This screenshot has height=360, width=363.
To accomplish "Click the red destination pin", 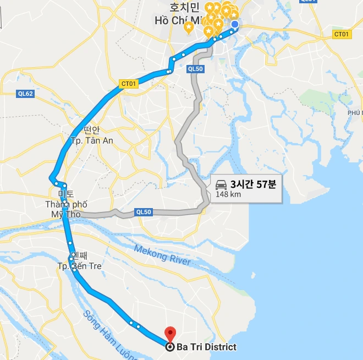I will pyautogui.click(x=170, y=334).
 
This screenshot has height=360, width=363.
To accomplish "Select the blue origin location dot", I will pyautogui.click(x=235, y=24).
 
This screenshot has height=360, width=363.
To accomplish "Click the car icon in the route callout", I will pyautogui.click(x=222, y=184).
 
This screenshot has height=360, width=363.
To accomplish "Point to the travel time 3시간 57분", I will pyautogui.click(x=252, y=184).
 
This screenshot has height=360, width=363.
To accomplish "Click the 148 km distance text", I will pyautogui.click(x=228, y=194).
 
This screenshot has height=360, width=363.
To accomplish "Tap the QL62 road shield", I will pyautogui.click(x=26, y=94).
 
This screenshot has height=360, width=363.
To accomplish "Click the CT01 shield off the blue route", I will pyautogui.click(x=342, y=34).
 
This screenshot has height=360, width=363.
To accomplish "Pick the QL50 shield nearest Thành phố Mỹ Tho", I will pyautogui.click(x=143, y=212).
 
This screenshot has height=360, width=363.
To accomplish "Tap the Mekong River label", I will pyautogui.click(x=163, y=255).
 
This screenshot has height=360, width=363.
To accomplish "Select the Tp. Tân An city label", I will pyautogui.click(x=92, y=140).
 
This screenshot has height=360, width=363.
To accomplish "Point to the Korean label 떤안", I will pyautogui.click(x=91, y=130).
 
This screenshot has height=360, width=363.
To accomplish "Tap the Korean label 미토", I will pyautogui.click(x=65, y=194).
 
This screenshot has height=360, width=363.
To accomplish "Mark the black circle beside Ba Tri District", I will pyautogui.click(x=170, y=347).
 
